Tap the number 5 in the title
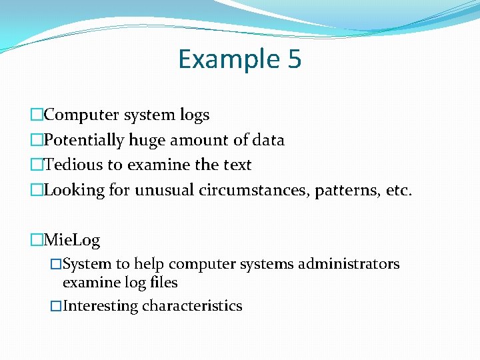[295, 60]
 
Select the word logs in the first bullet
[195, 115]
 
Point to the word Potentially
[85, 141]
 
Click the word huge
[147, 141]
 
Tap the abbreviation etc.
[399, 191]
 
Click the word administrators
[349, 264]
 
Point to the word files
[164, 283]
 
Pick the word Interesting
[100, 306]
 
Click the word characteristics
[192, 306]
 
